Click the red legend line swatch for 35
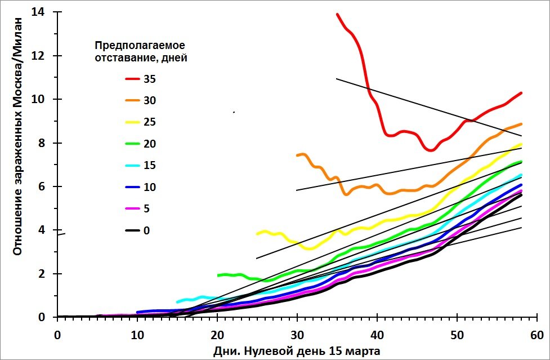click(133, 79)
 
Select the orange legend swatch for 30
click(133, 101)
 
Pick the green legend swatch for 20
click(133, 144)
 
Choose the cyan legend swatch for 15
click(133, 166)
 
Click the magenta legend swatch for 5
click(133, 208)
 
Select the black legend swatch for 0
click(133, 230)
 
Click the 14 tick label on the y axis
click(39, 12)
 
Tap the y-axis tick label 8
click(43, 143)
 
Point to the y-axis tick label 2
click(43, 274)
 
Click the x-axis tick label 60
click(537, 334)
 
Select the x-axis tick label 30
click(297, 334)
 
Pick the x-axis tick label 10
click(137, 334)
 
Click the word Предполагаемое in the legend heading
click(140, 45)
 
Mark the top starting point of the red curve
click(337, 15)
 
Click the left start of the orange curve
click(297, 155)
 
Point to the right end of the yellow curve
click(521, 144)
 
